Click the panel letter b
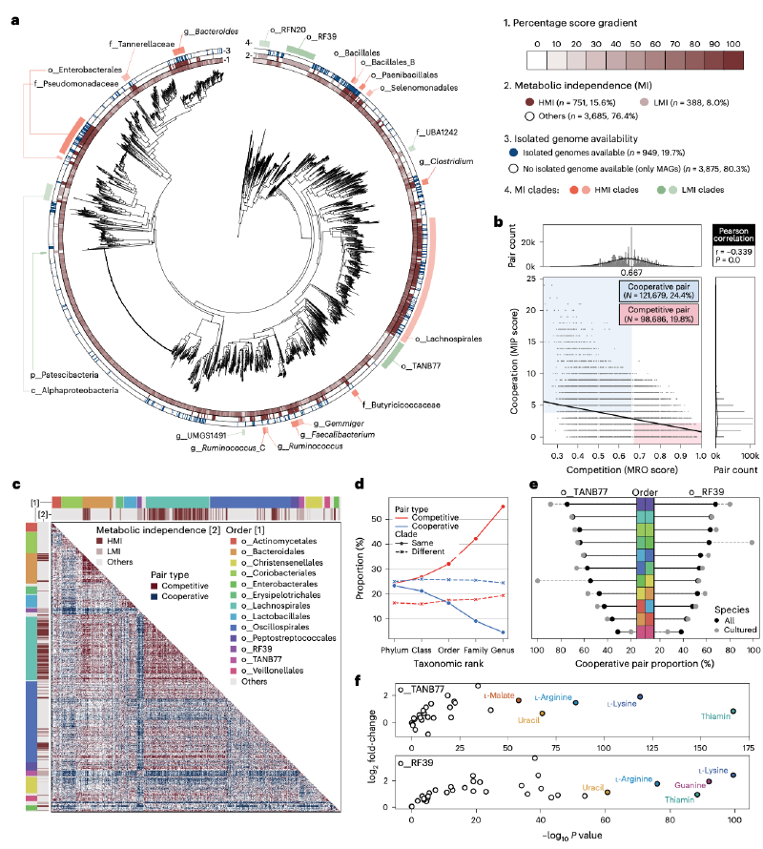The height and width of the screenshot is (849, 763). pos(497,222)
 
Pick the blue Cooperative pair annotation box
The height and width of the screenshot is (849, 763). pos(658,290)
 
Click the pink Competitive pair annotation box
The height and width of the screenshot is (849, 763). pos(658,316)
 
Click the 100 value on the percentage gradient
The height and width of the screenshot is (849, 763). pos(732,44)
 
